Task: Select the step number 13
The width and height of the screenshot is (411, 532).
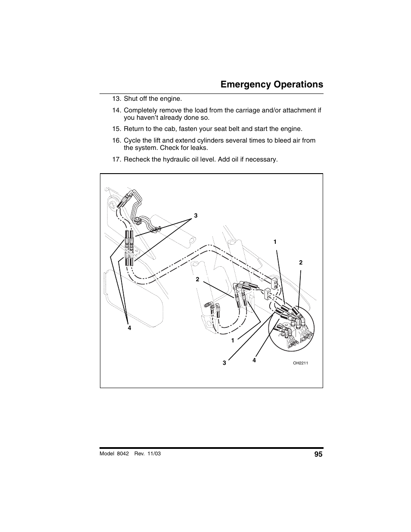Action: coord(116,99)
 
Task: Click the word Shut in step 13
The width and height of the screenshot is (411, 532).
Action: coord(131,99)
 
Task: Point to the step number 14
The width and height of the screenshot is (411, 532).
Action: coord(116,110)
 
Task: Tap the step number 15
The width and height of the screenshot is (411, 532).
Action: coord(116,129)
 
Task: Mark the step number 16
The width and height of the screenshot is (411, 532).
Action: coord(116,140)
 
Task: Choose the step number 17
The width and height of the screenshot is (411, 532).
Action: coord(116,159)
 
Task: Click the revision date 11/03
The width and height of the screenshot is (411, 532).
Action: coord(154,454)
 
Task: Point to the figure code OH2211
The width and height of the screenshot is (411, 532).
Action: coord(300,363)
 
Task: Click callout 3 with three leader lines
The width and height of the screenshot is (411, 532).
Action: coord(196,215)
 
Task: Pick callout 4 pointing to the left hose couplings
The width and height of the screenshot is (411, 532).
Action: coord(129,328)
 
